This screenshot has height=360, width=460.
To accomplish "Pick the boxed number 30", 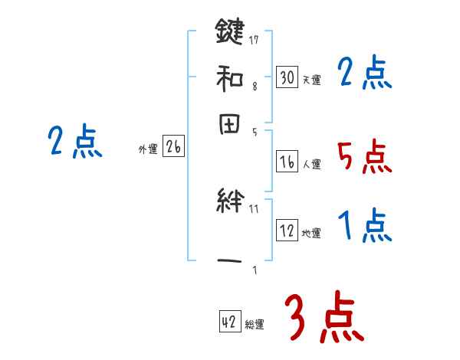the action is tap(287, 78).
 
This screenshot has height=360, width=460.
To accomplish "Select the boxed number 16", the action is tap(287, 162).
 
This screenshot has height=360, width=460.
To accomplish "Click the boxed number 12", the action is tap(287, 231).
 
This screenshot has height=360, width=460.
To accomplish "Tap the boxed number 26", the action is tap(173, 148).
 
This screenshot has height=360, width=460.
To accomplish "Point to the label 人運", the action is tap(311, 164).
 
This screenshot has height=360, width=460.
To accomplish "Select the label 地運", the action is tap(311, 233).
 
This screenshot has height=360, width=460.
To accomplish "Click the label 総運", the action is tap(255, 325).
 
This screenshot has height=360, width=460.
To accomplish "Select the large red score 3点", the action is tap(322, 318).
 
